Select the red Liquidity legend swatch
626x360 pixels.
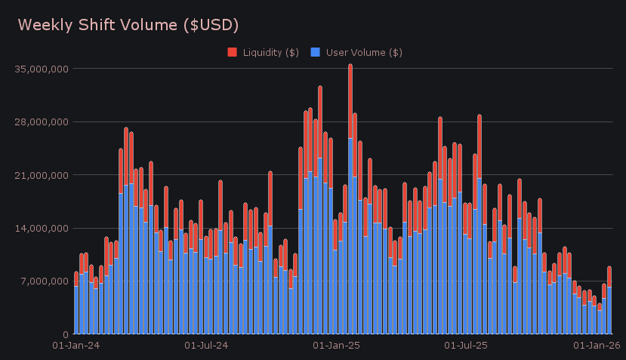(x=233, y=52)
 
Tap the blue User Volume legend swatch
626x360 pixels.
(x=316, y=52)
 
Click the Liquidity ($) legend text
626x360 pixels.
(x=270, y=52)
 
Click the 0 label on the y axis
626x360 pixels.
(x=66, y=334)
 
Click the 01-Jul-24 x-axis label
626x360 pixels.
(x=207, y=346)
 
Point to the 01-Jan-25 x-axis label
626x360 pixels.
(x=336, y=346)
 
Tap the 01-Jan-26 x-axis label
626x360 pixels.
(x=597, y=346)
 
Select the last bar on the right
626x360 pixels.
(x=609, y=302)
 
